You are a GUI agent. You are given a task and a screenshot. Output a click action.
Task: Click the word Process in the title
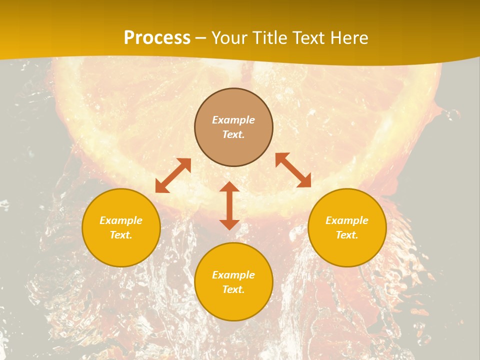coord(157,38)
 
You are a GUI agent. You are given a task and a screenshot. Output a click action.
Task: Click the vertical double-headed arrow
coord(229,205)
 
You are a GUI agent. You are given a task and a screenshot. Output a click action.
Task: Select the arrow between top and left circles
coord(173,175)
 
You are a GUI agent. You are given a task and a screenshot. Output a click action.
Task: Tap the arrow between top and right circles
coord(293,170)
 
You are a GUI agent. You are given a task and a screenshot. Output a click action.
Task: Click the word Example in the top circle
coord(233,120)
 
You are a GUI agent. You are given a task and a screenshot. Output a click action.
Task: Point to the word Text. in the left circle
coord(121,235)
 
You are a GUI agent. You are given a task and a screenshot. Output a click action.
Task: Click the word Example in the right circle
coord(347,220)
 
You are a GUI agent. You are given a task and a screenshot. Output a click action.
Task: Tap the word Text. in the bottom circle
coord(233,289)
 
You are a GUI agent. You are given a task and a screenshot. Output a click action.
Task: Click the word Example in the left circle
coord(121,220)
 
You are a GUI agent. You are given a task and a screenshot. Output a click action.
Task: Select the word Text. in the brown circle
coord(233,134)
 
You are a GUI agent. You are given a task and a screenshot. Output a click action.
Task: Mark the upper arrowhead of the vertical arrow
coord(229,187)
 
